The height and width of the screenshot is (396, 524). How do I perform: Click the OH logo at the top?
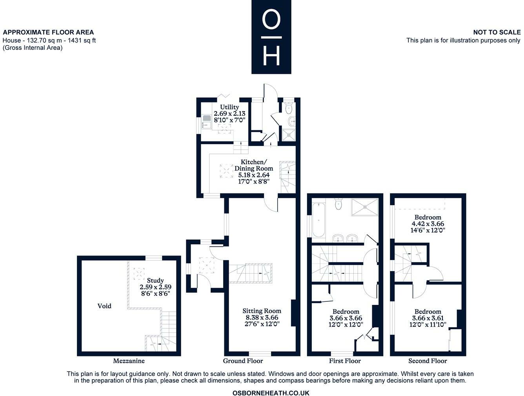(x=271, y=37)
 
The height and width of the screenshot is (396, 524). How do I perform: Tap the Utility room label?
(x=229, y=107)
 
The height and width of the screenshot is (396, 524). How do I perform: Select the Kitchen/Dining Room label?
(x=253, y=165)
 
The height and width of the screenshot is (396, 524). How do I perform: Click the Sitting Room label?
(x=262, y=311)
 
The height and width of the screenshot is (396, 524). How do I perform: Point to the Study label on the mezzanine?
(x=155, y=280)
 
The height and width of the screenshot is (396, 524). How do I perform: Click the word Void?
(x=104, y=306)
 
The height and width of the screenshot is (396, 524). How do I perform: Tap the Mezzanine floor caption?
(x=129, y=361)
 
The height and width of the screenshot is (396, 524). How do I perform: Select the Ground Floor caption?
(x=243, y=361)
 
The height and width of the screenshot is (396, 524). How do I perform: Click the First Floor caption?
(x=345, y=361)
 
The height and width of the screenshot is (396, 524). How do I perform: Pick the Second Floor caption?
(x=428, y=361)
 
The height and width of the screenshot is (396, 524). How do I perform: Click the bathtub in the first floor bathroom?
(x=318, y=220)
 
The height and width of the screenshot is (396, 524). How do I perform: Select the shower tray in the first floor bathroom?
(x=364, y=207)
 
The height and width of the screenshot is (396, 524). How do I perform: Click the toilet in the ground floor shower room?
(x=289, y=108)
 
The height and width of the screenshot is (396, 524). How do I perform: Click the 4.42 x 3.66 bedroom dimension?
(x=428, y=224)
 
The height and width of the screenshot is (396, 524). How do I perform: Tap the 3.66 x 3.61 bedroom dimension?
(x=428, y=318)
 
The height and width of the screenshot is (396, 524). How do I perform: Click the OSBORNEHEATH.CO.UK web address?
(x=271, y=393)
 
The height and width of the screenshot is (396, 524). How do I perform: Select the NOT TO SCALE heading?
(x=497, y=32)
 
